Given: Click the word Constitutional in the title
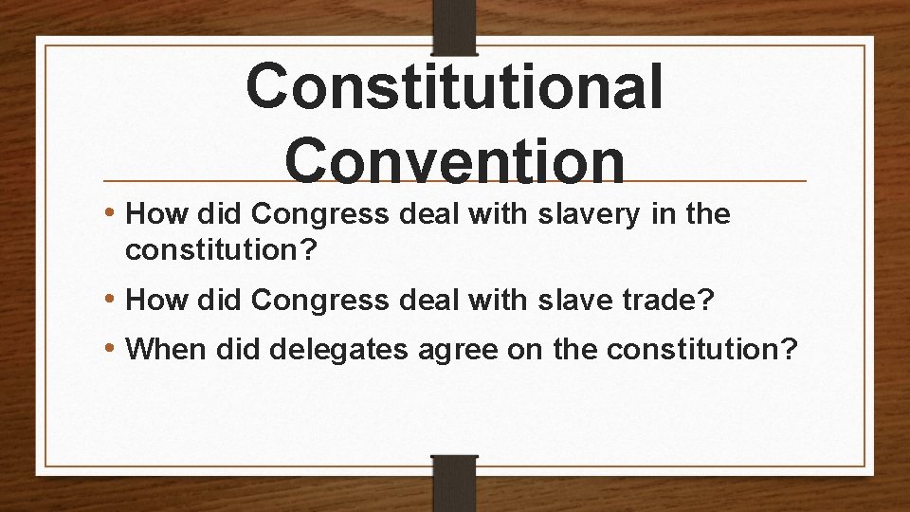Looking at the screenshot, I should click(454, 87).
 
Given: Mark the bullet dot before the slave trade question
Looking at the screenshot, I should click(112, 301).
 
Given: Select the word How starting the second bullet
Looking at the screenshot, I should click(152, 301).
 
